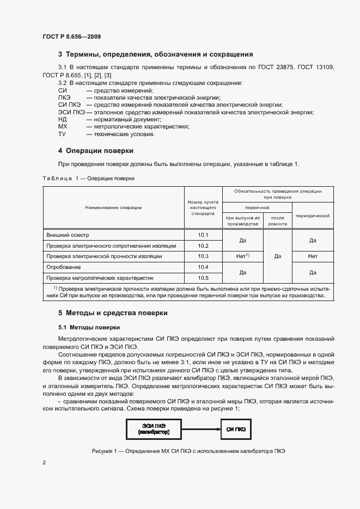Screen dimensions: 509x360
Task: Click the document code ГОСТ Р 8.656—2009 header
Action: tap(71, 36)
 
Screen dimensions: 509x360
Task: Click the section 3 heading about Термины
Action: tap(156, 54)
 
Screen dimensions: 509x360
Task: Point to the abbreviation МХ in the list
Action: tap(62, 126)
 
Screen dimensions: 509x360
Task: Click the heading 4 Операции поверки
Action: tap(96, 150)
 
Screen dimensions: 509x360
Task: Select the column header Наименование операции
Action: tap(113, 207)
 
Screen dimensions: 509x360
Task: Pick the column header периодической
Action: tap(313, 216)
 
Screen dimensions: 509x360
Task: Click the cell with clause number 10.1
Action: tap(204, 235)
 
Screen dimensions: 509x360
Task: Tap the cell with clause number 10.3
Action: tap(204, 256)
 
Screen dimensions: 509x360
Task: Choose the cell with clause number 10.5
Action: tap(204, 277)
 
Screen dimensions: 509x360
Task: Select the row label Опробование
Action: tap(63, 267)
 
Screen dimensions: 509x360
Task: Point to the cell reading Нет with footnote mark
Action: tap(243, 256)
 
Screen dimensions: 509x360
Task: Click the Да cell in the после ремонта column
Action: tap(278, 256)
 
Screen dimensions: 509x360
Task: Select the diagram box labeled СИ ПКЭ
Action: tap(236, 429)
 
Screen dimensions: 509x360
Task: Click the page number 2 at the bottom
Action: tap(44, 463)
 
